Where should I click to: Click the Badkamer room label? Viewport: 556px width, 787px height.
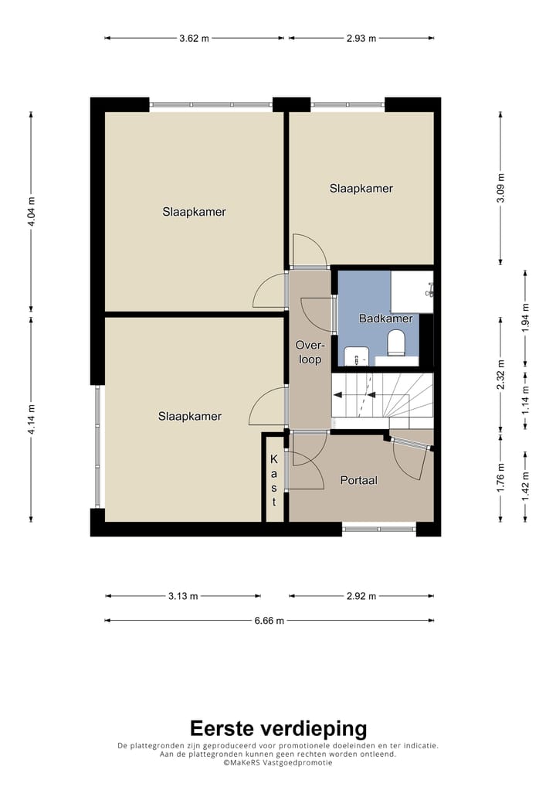385,319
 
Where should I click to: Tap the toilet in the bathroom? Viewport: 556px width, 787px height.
396,342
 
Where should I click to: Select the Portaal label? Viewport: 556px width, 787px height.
358,480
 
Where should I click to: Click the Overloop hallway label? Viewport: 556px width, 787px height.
310,352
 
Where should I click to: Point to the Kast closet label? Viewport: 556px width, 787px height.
273,480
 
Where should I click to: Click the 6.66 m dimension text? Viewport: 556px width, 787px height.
270,621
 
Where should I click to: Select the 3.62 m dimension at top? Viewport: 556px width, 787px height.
194,38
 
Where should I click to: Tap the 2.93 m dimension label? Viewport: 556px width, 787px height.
361,38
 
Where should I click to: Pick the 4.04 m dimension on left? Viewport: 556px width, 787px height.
31,211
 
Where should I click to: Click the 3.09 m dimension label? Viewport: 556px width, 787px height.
500,188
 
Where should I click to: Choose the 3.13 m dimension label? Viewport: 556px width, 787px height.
183,596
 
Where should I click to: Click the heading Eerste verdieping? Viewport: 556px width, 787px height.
278,728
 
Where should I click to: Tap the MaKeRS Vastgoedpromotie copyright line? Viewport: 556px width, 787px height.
278,762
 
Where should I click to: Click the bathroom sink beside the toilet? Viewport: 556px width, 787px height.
356,356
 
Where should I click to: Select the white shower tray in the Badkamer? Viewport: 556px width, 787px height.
412,291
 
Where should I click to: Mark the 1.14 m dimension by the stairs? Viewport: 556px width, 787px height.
525,400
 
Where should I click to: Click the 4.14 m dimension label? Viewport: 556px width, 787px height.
31,420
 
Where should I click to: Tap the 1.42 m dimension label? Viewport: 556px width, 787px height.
525,485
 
